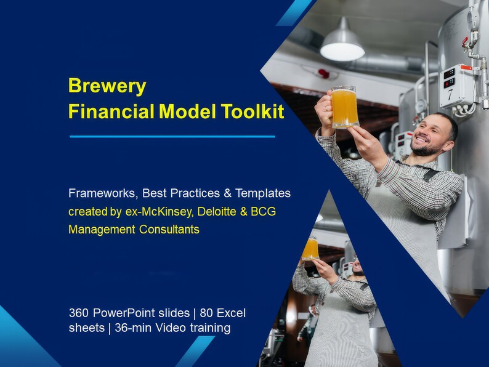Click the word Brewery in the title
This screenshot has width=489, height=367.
(107, 87)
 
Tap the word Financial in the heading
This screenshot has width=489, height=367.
(111, 112)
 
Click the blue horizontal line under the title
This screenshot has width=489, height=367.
(172, 136)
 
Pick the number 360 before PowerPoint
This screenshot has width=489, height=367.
(79, 313)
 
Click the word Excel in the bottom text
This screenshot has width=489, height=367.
(232, 313)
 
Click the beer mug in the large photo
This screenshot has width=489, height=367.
(344, 108)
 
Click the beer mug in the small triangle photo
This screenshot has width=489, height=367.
(310, 249)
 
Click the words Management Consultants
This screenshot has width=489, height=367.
(134, 229)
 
